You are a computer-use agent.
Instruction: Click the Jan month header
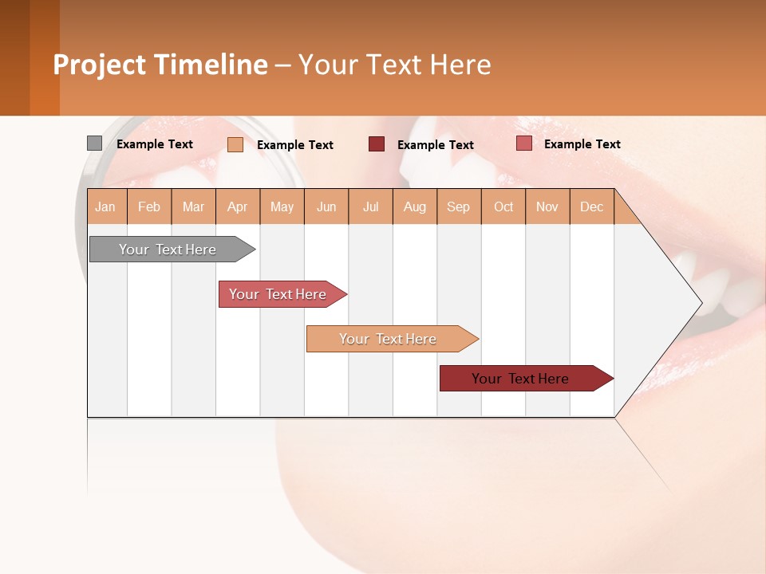point(105,206)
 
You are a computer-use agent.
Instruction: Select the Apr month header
point(238,206)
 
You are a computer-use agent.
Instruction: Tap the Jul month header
point(371,206)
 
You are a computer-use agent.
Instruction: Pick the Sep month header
point(458,206)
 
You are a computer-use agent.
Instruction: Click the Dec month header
point(591,206)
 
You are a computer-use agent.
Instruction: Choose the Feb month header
point(149,206)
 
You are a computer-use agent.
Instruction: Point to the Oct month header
point(503,206)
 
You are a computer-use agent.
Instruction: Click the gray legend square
point(94,143)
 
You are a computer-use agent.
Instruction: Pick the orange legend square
point(235,144)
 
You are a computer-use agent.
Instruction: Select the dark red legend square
point(377,143)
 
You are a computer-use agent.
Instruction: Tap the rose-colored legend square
point(523,143)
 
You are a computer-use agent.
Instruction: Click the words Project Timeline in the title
point(160,65)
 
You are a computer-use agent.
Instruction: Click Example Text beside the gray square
point(155,144)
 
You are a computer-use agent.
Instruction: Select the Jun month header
point(326,206)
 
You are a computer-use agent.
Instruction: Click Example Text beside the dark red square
point(436,145)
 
